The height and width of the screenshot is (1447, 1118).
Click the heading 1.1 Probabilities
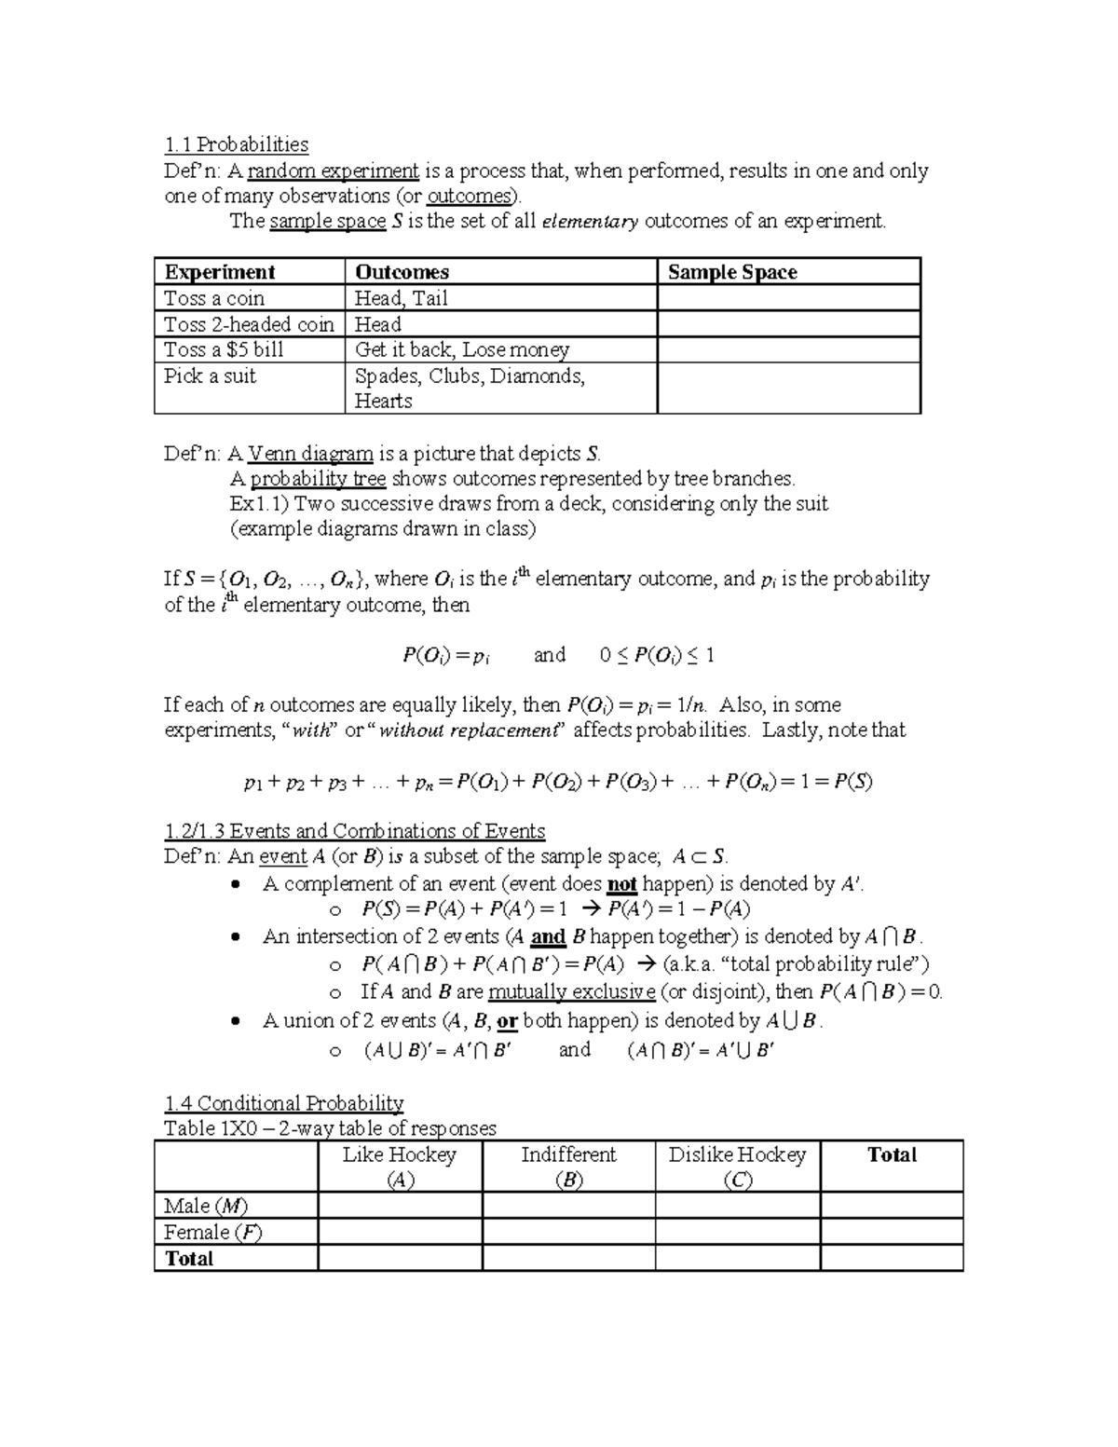click(236, 144)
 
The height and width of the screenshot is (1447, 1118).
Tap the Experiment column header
click(220, 272)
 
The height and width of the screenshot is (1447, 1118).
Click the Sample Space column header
click(732, 272)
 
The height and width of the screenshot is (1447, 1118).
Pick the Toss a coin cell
click(214, 298)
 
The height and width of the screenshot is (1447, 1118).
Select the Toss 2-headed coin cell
click(248, 324)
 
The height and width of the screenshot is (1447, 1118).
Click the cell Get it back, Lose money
click(462, 349)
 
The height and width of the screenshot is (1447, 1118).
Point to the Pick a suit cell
click(210, 375)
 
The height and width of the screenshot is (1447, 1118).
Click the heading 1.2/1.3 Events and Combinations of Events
click(354, 831)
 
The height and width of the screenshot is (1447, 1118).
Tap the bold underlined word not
click(621, 884)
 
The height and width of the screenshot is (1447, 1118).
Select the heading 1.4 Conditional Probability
click(283, 1103)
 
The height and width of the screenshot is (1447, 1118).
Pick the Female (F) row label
click(212, 1232)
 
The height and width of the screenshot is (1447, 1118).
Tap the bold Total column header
click(892, 1155)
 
